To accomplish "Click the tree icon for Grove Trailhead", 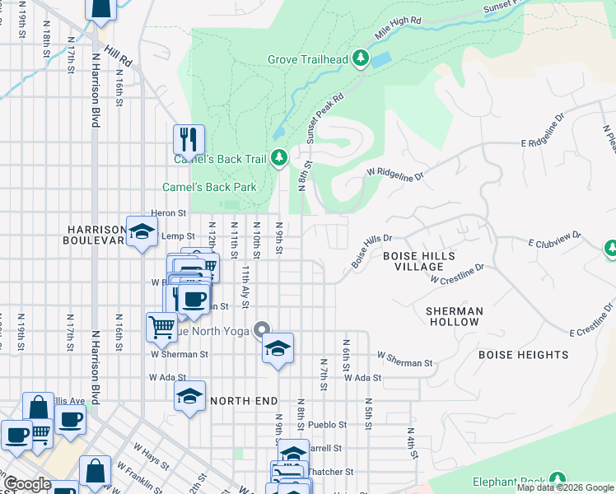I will [x=360, y=58].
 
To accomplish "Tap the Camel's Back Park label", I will [x=209, y=187].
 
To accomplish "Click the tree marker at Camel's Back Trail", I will [x=280, y=157].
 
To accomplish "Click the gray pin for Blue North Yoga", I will [x=263, y=330].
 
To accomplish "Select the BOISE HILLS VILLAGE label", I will [x=419, y=262].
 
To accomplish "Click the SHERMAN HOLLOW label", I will [x=453, y=316].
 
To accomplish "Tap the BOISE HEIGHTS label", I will [x=524, y=355].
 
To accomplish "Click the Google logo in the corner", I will [x=28, y=484].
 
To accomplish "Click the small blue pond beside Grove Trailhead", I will [x=381, y=60].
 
